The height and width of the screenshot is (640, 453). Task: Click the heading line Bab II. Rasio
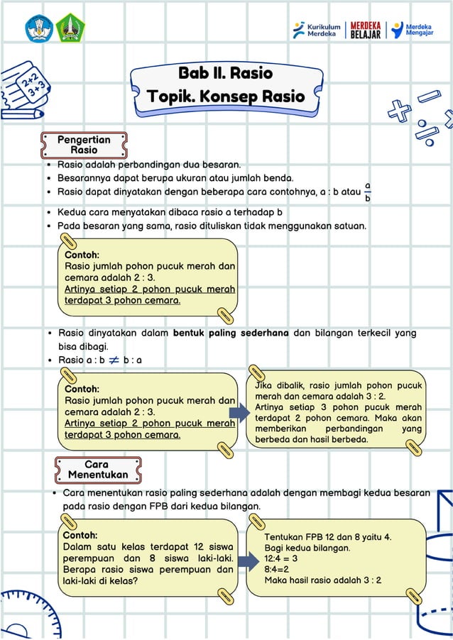point(225,73)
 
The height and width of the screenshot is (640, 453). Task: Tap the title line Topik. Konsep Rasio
point(225,96)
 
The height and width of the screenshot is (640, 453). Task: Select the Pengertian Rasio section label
point(84,145)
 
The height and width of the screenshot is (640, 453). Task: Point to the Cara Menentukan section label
point(98,469)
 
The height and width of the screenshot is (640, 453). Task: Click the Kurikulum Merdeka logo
point(317,30)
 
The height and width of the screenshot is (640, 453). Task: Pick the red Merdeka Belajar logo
point(366,30)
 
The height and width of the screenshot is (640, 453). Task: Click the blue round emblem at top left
point(39,28)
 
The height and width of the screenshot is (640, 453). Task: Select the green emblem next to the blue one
point(71,28)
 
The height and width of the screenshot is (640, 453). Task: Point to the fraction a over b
point(367,192)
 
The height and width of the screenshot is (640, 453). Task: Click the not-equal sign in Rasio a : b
point(114,360)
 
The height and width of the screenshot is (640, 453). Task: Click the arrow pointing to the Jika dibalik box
point(239,411)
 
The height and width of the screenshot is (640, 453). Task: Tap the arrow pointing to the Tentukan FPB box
point(248,561)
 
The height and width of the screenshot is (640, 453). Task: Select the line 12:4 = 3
point(281,558)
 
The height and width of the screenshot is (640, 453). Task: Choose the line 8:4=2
point(277,569)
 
